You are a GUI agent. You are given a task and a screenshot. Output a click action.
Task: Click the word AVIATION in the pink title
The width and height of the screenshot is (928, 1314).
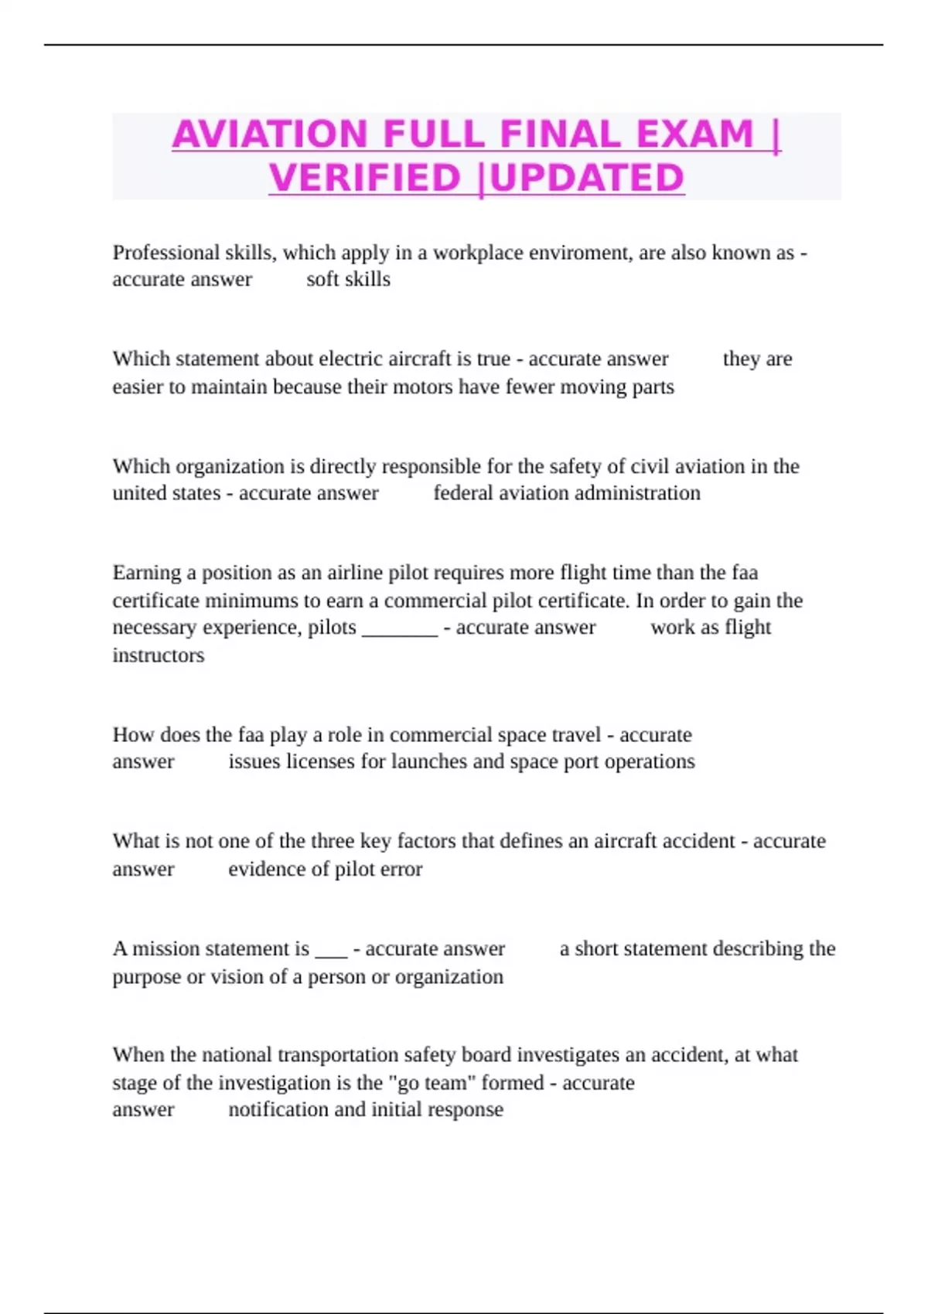pyautogui.click(x=269, y=134)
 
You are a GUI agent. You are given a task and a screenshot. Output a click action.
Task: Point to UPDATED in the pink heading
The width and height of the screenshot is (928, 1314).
pyautogui.click(x=587, y=178)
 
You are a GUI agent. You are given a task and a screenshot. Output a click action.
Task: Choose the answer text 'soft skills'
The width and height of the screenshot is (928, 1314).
pyautogui.click(x=348, y=279)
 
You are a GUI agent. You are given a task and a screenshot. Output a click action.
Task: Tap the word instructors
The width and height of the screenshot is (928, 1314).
pyautogui.click(x=159, y=655)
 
